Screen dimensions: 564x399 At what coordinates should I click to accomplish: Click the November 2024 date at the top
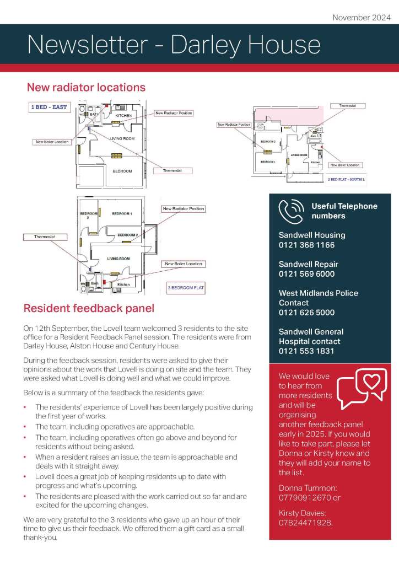[361, 17]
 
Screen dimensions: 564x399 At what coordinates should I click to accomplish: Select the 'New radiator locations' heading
[86, 87]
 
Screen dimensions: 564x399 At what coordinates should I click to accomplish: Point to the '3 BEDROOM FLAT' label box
[186, 287]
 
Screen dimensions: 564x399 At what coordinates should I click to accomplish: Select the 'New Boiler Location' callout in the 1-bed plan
[52, 142]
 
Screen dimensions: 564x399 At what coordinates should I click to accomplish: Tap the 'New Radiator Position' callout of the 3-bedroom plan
[183, 209]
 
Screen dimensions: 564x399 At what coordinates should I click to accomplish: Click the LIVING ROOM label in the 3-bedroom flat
[118, 259]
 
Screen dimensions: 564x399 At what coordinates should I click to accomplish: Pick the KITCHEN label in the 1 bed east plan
[123, 115]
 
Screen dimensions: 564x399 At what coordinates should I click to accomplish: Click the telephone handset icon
[291, 211]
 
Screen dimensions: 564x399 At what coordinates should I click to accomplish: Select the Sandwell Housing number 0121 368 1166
[306, 245]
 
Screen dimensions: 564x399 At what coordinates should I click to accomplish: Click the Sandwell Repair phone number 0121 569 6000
[306, 274]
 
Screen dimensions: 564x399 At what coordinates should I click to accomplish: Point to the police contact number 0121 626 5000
[306, 313]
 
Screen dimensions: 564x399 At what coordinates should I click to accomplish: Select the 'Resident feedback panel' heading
[88, 308]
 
